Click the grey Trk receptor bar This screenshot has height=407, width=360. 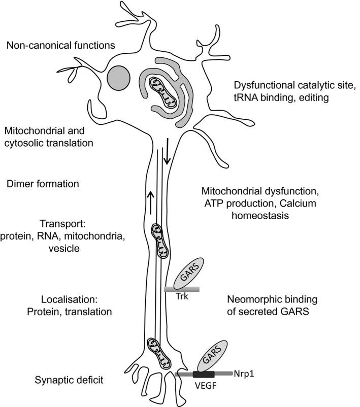tap(182, 290)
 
